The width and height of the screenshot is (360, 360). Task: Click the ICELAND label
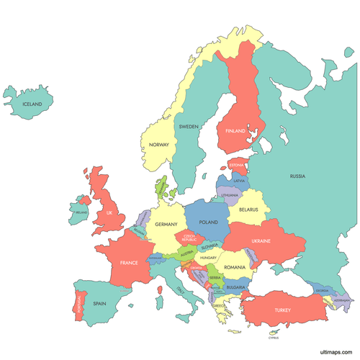pos(32,104)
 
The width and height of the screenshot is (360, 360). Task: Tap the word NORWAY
pos(158,145)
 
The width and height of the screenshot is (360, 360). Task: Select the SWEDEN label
pos(189,126)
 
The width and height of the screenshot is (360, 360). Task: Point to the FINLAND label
pos(236,131)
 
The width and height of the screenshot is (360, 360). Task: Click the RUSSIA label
pos(297,176)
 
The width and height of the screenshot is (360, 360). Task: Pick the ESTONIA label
pos(237,165)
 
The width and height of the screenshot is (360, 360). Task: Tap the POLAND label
pos(208,222)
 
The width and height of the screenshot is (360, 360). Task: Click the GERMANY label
pos(166,225)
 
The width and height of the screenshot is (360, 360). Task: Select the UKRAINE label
pos(261,241)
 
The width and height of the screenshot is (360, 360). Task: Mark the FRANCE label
pos(129,263)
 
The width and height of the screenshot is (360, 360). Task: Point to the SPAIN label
pos(99,304)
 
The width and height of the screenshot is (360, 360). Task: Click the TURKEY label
pos(281,310)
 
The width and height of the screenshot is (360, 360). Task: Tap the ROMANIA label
pos(235,267)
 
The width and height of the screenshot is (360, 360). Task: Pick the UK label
pos(109,212)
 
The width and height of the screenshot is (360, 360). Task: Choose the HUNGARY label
pos(209,257)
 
